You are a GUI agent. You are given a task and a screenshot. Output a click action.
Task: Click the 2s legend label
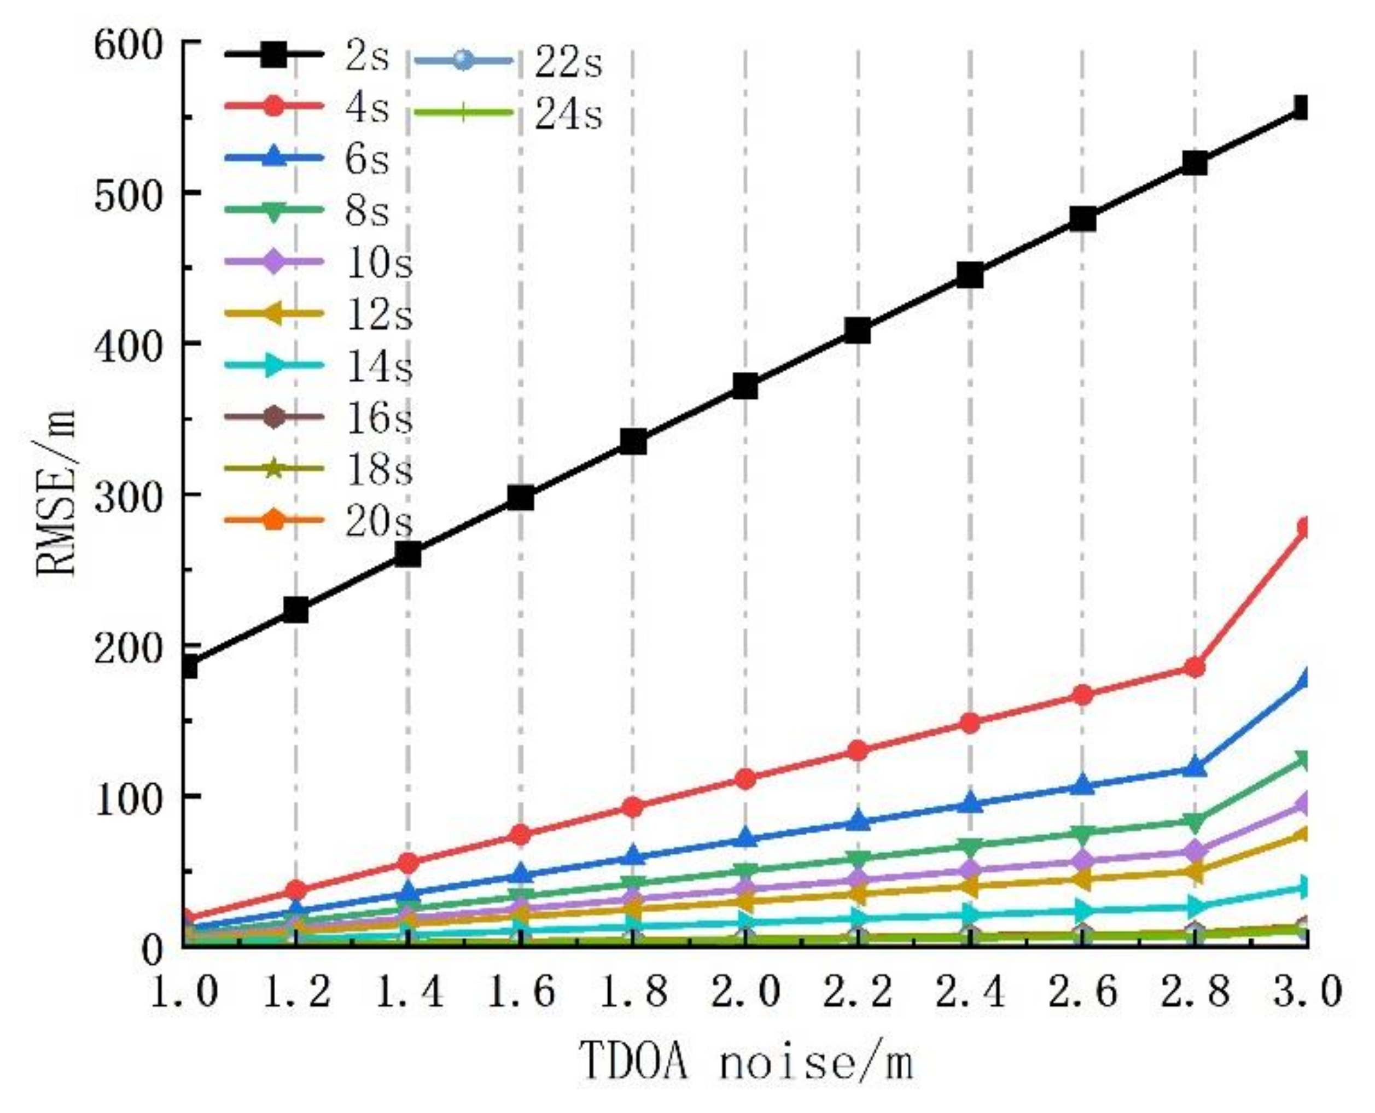[x=366, y=56]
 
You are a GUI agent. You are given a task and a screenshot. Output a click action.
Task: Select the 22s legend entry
[x=568, y=63]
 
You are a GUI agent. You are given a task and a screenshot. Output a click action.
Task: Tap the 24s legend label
[x=568, y=115]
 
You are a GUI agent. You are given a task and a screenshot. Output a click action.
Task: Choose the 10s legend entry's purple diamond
[x=273, y=261]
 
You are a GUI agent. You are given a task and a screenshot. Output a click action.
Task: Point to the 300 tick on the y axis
[x=126, y=495]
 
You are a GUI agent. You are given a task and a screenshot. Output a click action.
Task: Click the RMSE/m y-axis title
[x=55, y=494]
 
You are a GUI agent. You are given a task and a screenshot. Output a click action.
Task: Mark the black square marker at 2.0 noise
[x=745, y=387]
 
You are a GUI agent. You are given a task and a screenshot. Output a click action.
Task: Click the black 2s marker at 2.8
[x=1195, y=163]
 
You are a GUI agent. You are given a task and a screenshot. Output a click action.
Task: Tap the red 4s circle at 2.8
[x=1195, y=667]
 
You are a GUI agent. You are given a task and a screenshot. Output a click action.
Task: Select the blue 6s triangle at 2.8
[x=1195, y=767]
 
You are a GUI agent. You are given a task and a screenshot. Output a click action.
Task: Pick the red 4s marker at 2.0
[x=745, y=779]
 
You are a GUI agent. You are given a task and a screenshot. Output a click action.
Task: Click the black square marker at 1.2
[x=295, y=610]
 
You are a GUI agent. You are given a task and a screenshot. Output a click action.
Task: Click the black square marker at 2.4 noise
[x=970, y=275]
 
